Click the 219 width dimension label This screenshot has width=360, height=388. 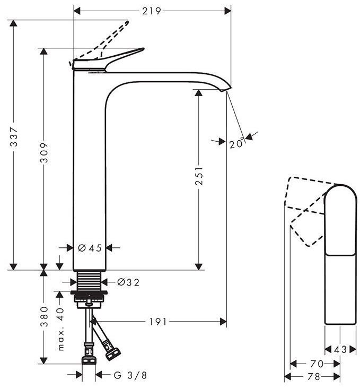tap(151, 11)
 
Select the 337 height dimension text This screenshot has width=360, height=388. tap(14, 137)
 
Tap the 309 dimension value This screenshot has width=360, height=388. tap(44, 152)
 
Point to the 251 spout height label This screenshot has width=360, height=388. tap(199, 176)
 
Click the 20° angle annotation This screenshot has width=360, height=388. tap(236, 143)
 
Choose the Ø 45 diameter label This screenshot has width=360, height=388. tap(90, 248)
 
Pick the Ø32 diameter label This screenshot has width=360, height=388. tap(128, 282)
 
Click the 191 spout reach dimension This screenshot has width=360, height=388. tap(158, 322)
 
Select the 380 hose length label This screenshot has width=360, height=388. tap(44, 316)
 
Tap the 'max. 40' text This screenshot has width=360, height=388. tap(60, 329)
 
